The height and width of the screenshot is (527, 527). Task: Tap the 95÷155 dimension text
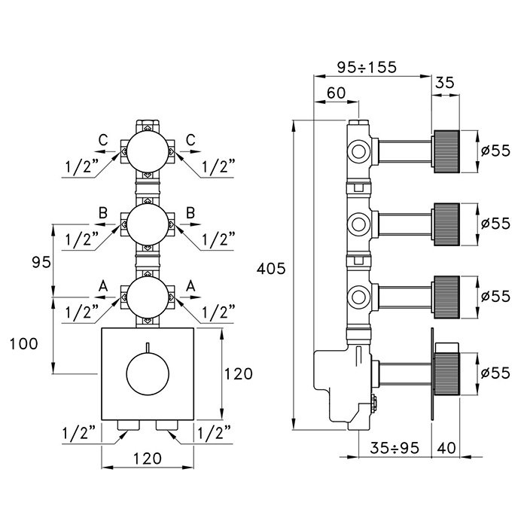pos(366,67)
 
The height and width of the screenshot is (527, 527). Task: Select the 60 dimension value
pos(336,93)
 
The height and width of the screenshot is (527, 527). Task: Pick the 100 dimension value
pos(24,343)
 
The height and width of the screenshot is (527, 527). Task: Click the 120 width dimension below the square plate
pos(148,458)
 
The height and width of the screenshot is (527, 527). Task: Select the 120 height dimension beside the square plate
pos(237,374)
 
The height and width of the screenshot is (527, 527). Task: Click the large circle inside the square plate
pos(148,374)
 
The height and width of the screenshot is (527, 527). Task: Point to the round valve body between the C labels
pos(148,151)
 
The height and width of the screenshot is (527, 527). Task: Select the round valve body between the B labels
pos(148,223)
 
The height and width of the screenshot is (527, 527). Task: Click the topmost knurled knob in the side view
pos(445,151)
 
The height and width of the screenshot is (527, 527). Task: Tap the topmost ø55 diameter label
pos(495,151)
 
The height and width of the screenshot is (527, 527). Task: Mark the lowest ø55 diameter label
pos(495,371)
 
